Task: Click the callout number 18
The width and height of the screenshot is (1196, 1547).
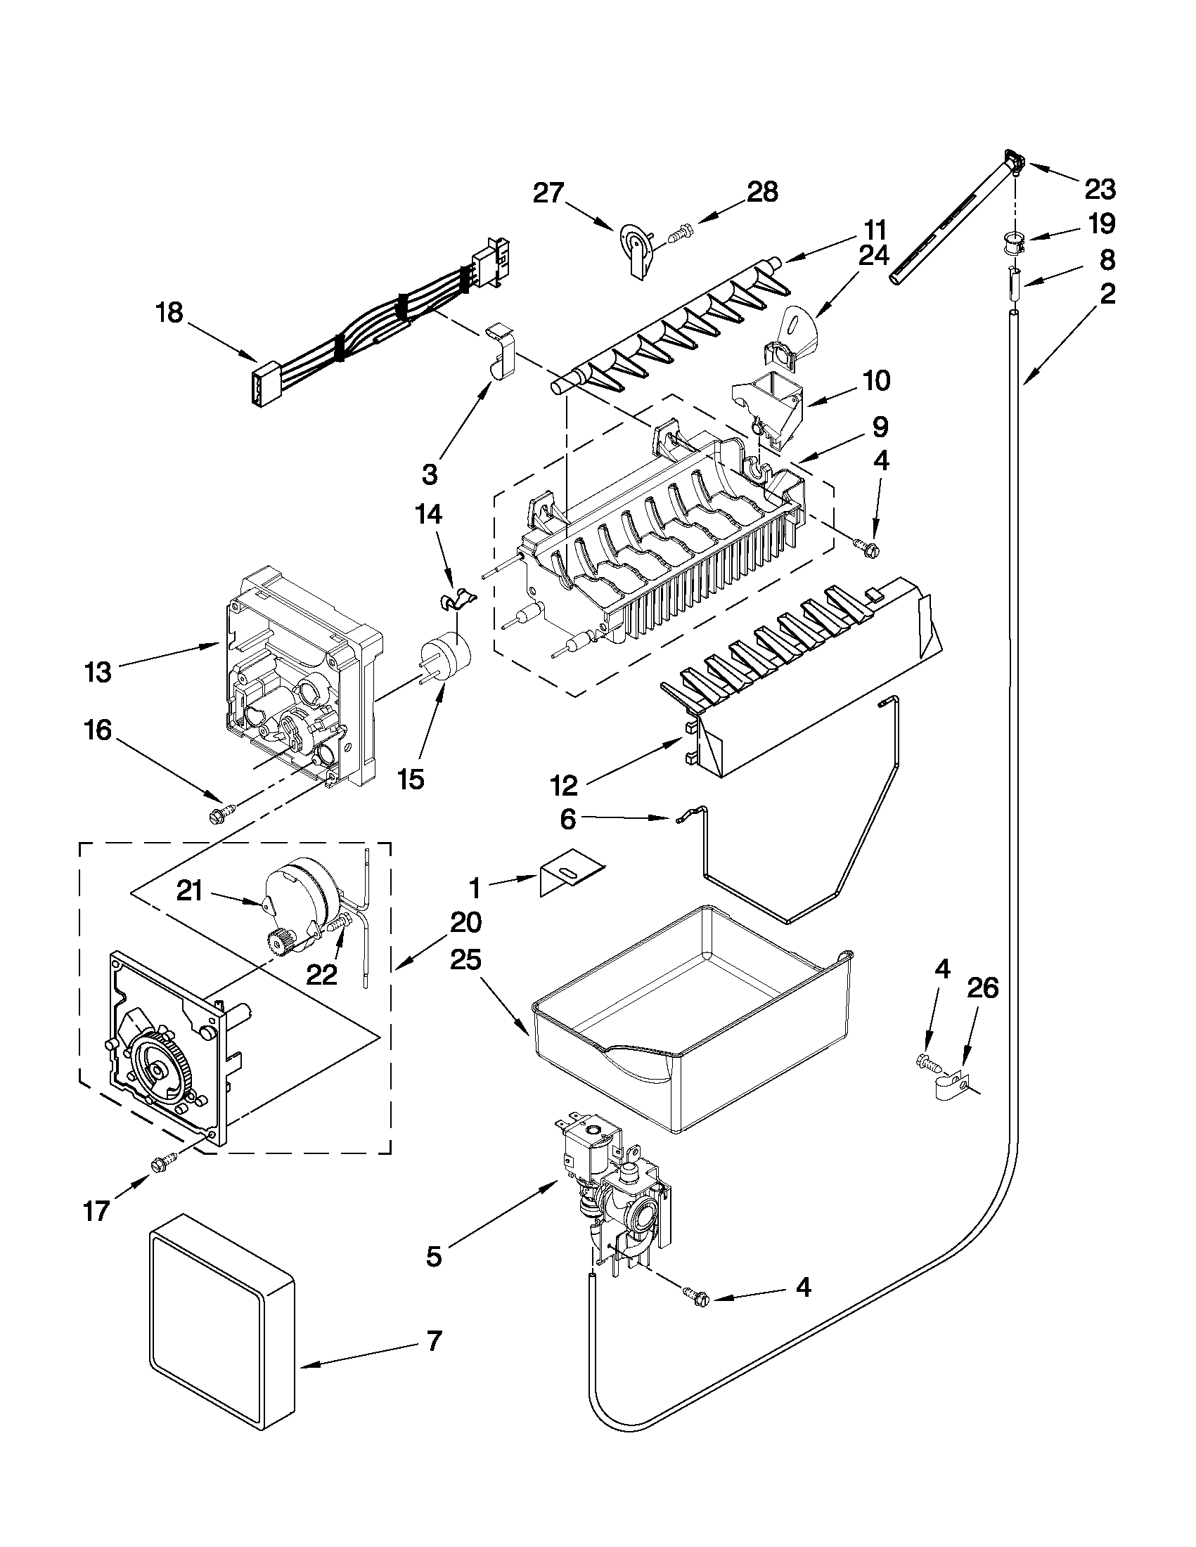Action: [x=169, y=313]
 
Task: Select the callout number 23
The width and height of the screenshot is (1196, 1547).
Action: [x=1100, y=190]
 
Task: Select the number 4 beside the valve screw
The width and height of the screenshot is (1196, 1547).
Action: [x=803, y=1286]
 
